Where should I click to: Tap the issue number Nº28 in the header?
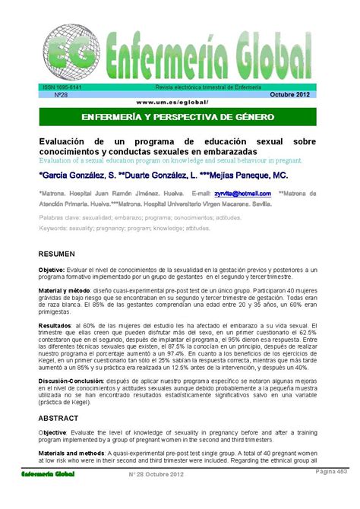[58, 95]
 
